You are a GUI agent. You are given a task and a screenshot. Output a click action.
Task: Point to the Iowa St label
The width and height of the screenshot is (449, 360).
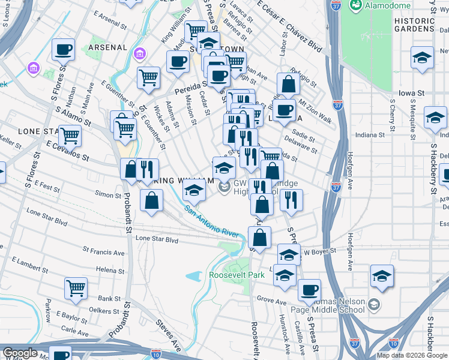(411, 94)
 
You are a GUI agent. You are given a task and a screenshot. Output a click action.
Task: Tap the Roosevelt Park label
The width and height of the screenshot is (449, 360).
(237, 275)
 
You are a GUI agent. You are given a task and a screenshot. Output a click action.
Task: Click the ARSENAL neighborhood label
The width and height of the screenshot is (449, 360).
(107, 47)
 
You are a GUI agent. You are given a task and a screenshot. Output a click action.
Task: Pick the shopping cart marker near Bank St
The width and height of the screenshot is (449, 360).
(76, 288)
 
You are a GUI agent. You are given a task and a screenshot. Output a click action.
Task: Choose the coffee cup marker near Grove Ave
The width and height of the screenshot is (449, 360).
(309, 290)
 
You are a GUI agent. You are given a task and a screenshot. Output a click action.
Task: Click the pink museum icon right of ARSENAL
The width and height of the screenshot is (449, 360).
(140, 55)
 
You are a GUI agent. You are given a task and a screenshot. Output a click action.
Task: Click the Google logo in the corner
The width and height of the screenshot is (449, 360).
(20, 353)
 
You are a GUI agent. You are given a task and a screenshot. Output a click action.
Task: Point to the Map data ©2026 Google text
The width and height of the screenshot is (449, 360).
(411, 355)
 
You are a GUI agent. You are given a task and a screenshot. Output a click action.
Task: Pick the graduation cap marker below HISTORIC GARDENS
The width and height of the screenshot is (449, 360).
(423, 59)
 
